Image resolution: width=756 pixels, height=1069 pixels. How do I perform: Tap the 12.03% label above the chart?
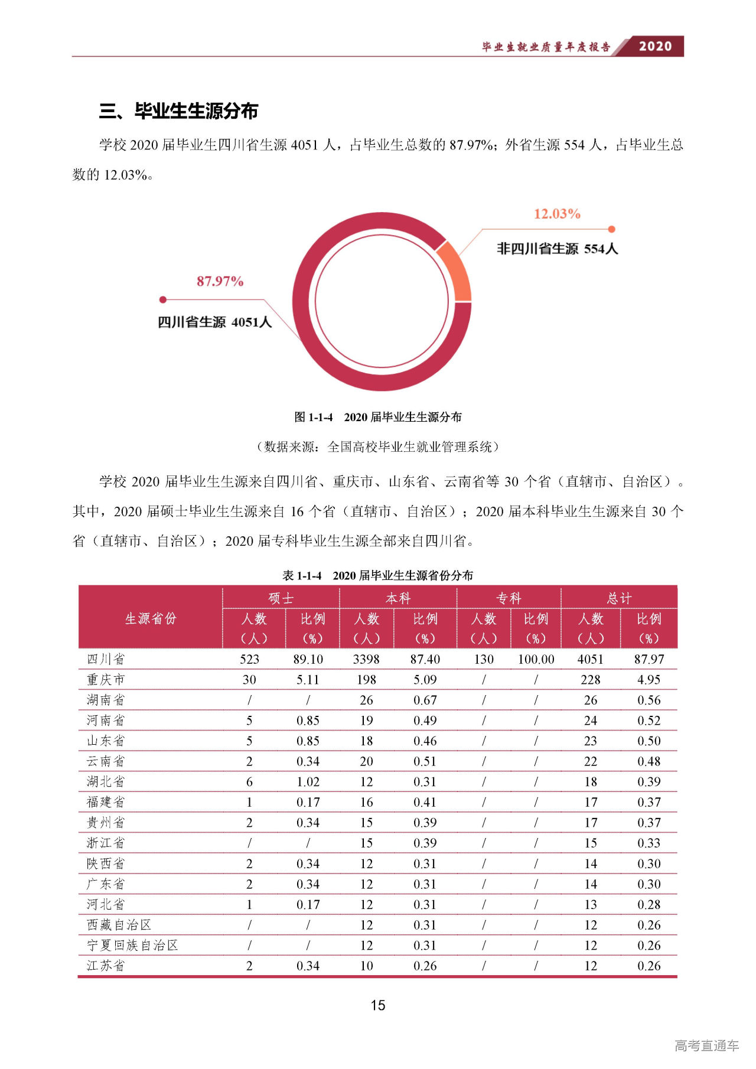tap(557, 214)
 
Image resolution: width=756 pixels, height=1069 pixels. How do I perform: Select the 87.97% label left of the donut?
tap(220, 281)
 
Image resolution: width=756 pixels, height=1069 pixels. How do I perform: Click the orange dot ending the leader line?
tap(612, 229)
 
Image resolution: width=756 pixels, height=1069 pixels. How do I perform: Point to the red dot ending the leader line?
tap(163, 299)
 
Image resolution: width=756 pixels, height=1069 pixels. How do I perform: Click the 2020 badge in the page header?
tap(655, 46)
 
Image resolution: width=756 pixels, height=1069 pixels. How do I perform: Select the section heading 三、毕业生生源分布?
tap(178, 111)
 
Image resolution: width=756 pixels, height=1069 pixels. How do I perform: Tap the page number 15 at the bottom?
tap(378, 1005)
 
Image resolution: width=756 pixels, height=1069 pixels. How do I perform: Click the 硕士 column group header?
tap(281, 598)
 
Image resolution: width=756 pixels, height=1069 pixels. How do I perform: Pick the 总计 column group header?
tap(619, 598)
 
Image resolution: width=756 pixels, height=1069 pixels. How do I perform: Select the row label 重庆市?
tap(106, 680)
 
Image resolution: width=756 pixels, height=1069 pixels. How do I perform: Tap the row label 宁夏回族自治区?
tap(132, 945)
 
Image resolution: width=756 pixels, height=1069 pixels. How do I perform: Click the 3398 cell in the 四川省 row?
tap(366, 659)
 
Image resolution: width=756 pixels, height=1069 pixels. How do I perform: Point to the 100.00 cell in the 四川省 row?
tap(536, 659)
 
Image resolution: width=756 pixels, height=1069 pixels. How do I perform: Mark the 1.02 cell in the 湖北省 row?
tap(308, 782)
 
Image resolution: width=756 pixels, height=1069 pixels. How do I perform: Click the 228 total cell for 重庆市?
tap(591, 680)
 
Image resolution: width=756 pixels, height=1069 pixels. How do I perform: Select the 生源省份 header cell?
tap(151, 618)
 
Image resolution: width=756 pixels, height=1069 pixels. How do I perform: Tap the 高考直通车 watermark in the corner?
tap(706, 1045)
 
